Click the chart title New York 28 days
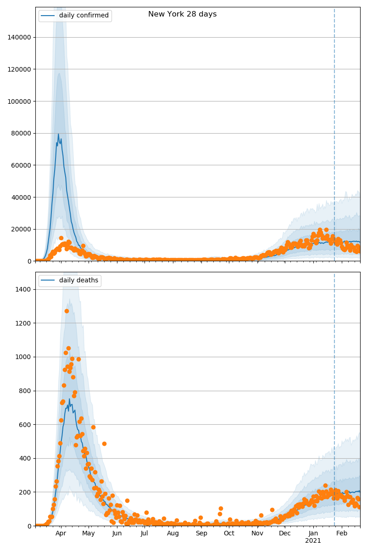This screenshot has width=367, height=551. (x=182, y=14)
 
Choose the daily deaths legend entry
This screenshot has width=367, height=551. (x=78, y=281)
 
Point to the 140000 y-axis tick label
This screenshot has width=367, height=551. (x=20, y=37)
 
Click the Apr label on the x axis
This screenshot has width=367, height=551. (x=61, y=533)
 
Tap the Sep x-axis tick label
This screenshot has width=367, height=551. (x=201, y=533)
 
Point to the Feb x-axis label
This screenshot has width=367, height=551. (x=342, y=533)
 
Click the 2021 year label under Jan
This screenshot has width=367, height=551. (x=313, y=541)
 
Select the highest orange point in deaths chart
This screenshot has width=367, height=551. (x=67, y=311)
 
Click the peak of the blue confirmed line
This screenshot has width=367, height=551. (x=58, y=134)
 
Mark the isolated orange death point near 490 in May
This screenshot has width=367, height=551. (x=104, y=444)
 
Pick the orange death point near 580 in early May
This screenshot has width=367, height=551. (x=93, y=427)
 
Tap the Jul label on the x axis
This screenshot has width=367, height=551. (x=145, y=533)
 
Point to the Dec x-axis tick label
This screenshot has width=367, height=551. (x=285, y=533)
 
